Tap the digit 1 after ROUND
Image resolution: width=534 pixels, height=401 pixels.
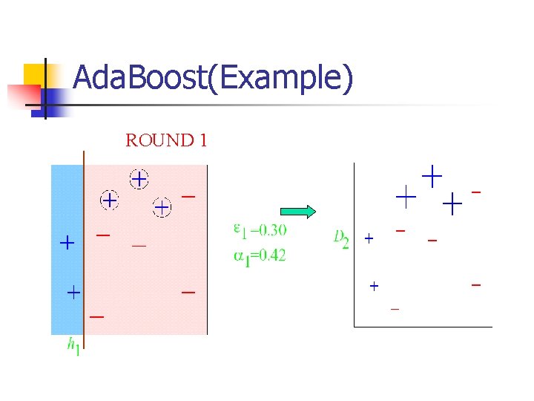[x=202, y=140]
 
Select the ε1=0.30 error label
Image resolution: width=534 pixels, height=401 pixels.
[x=260, y=231]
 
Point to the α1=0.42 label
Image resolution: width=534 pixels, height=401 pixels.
[x=260, y=255]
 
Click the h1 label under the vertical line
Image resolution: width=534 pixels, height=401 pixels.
[x=73, y=347]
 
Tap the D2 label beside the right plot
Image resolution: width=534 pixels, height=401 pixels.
[x=340, y=239]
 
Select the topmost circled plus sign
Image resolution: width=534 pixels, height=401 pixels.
[x=139, y=179]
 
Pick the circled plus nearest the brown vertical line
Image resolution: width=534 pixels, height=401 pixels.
[x=109, y=200]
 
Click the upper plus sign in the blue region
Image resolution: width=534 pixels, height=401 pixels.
[x=67, y=242]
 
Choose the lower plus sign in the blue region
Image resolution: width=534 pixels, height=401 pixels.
[x=73, y=293]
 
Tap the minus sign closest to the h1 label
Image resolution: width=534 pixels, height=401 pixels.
[x=96, y=316]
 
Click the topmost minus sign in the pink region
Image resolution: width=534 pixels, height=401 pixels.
[x=188, y=197]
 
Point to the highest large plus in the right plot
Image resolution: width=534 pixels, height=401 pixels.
[x=432, y=176]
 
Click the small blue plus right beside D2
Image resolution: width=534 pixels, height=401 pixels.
[x=369, y=239]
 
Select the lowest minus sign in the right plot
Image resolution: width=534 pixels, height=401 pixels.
[x=395, y=309]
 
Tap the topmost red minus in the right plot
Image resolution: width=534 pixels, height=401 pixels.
[x=476, y=192]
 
